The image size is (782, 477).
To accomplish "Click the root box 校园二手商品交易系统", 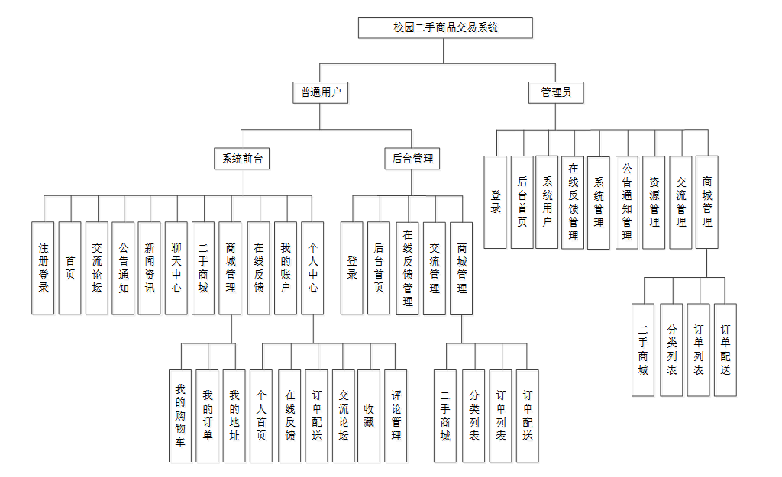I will point(445,27).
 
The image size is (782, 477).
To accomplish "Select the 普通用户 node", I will point(320,93).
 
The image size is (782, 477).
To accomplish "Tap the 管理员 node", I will point(556,93).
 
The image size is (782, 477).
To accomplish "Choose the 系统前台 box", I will point(241,159).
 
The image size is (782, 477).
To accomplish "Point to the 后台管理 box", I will point(412,159).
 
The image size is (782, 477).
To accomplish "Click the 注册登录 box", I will point(43,268).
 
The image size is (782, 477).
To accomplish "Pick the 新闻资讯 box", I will point(150,268).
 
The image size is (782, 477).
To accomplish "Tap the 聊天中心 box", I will point(176,268).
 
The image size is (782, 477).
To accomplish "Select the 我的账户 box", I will point(286,268).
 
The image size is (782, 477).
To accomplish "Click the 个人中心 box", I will point(312,268).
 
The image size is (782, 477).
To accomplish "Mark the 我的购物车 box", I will point(180,416).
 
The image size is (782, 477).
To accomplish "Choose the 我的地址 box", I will point(234,416).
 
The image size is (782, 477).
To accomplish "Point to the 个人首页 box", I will point(261,416).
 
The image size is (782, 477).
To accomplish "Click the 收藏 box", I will point(369,416).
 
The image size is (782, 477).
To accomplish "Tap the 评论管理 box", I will point(396,416).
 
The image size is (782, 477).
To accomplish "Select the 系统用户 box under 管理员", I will point(547,202).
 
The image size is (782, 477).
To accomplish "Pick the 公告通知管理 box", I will point(626,202).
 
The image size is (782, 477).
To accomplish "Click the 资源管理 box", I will point(654,202).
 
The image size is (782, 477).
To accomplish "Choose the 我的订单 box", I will point(207,416).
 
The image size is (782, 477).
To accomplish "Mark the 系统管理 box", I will point(599,202).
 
